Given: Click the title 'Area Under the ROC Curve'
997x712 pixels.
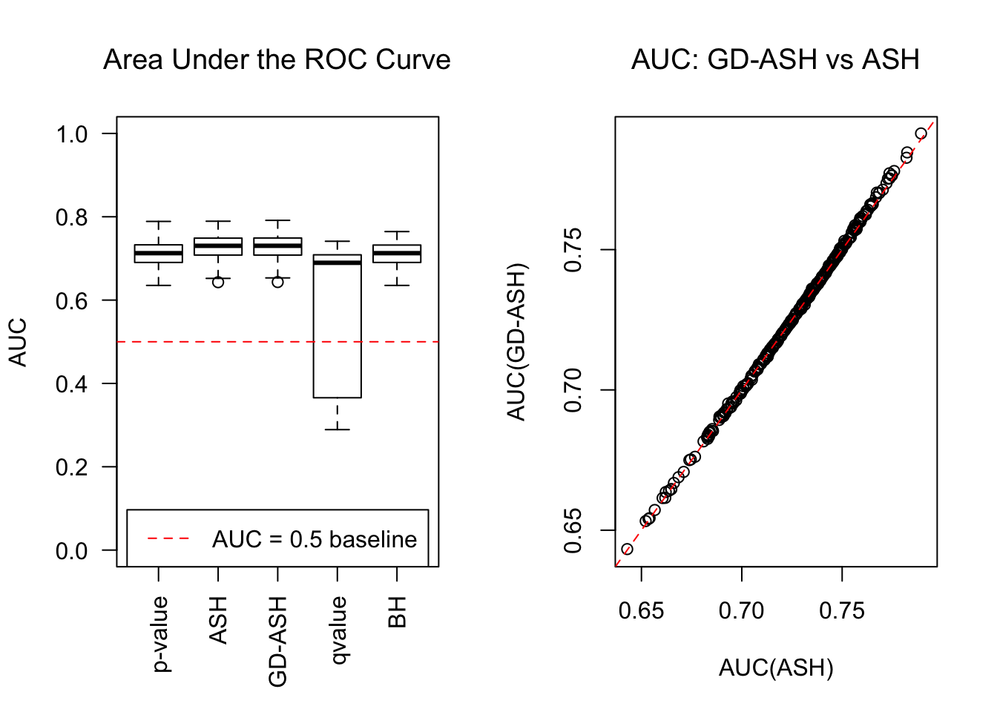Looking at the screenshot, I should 277,60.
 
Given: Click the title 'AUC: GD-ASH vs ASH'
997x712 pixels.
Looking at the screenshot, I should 775,60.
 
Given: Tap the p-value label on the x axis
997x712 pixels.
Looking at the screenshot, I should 160,634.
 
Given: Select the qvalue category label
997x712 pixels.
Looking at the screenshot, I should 338,630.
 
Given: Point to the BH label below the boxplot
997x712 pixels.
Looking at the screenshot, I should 398,613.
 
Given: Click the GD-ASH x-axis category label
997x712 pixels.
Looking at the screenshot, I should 278,642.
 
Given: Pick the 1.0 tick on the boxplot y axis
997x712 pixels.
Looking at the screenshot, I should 72,134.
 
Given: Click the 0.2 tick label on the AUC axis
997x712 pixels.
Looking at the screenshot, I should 72,467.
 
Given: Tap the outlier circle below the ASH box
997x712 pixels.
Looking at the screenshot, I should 218,282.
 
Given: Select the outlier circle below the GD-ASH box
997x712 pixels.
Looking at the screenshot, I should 277,282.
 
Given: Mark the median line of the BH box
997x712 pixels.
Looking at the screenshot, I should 397,253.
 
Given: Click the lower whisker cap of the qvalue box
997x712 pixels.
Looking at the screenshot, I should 338,429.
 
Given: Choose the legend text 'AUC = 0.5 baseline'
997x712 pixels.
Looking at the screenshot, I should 315,539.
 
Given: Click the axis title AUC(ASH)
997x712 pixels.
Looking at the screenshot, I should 776,668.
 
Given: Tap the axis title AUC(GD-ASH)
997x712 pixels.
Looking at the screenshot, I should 516,342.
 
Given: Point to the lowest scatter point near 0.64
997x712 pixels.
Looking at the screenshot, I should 627,550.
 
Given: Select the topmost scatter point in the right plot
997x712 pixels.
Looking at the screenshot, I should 921,133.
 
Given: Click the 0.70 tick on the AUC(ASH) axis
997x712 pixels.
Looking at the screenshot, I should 741,611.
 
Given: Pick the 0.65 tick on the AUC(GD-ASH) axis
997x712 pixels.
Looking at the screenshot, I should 573,530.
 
